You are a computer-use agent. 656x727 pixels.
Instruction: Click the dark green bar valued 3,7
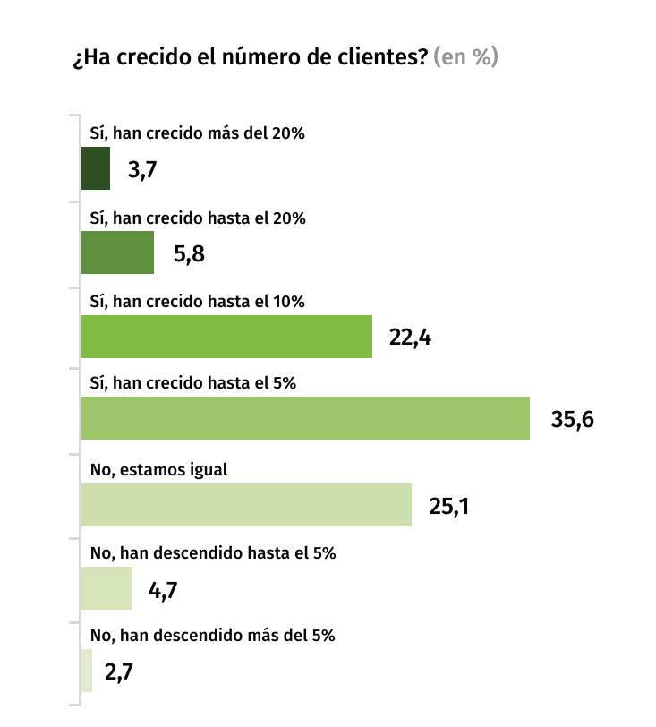pyautogui.click(x=96, y=168)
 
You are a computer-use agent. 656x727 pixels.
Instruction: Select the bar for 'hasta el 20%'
pyautogui.click(x=117, y=252)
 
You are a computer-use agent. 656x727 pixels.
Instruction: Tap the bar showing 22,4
pyautogui.click(x=226, y=337)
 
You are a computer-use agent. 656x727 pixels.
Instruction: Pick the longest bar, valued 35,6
pyautogui.click(x=305, y=419)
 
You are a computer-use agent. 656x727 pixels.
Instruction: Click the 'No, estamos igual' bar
pyautogui.click(x=246, y=504)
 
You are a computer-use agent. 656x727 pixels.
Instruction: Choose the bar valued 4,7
pyautogui.click(x=106, y=588)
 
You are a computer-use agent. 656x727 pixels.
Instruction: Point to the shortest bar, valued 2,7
pyautogui.click(x=87, y=671)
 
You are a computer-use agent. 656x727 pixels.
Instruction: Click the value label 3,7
pyautogui.click(x=142, y=169)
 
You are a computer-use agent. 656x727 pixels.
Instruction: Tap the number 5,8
pyautogui.click(x=189, y=253)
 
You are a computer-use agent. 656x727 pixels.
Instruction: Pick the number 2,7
pyautogui.click(x=119, y=671)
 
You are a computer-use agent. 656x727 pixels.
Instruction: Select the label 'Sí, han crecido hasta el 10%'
pyautogui.click(x=198, y=302)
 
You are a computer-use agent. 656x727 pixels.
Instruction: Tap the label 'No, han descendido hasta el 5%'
pyautogui.click(x=213, y=553)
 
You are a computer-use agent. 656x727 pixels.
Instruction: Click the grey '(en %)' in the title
pyautogui.click(x=465, y=58)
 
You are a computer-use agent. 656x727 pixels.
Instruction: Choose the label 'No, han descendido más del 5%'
pyautogui.click(x=213, y=637)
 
